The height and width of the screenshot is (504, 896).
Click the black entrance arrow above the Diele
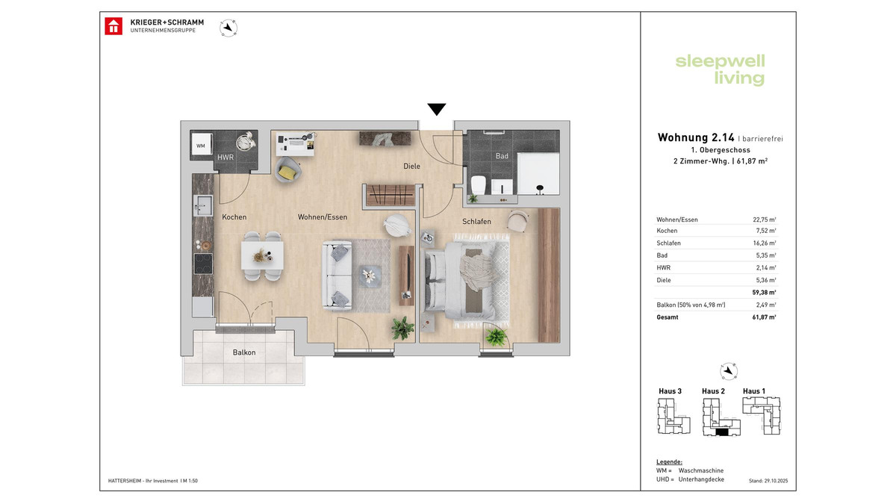coord(436,109)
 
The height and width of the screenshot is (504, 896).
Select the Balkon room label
coord(243,352)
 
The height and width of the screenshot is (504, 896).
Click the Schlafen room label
coord(476,222)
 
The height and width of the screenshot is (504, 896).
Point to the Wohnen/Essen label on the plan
coord(323,217)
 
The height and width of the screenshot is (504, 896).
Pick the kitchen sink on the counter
coord(202,204)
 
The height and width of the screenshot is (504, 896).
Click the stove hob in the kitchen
coord(202,264)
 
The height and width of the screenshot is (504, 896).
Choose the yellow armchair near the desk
coord(287,170)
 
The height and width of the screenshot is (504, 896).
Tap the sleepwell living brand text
coord(720,70)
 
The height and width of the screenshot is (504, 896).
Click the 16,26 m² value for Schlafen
coord(765,243)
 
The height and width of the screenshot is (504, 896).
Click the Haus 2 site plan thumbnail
coord(718,417)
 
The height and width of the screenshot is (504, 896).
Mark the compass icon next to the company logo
coord(228,28)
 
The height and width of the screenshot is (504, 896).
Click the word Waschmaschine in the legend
coord(700,470)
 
